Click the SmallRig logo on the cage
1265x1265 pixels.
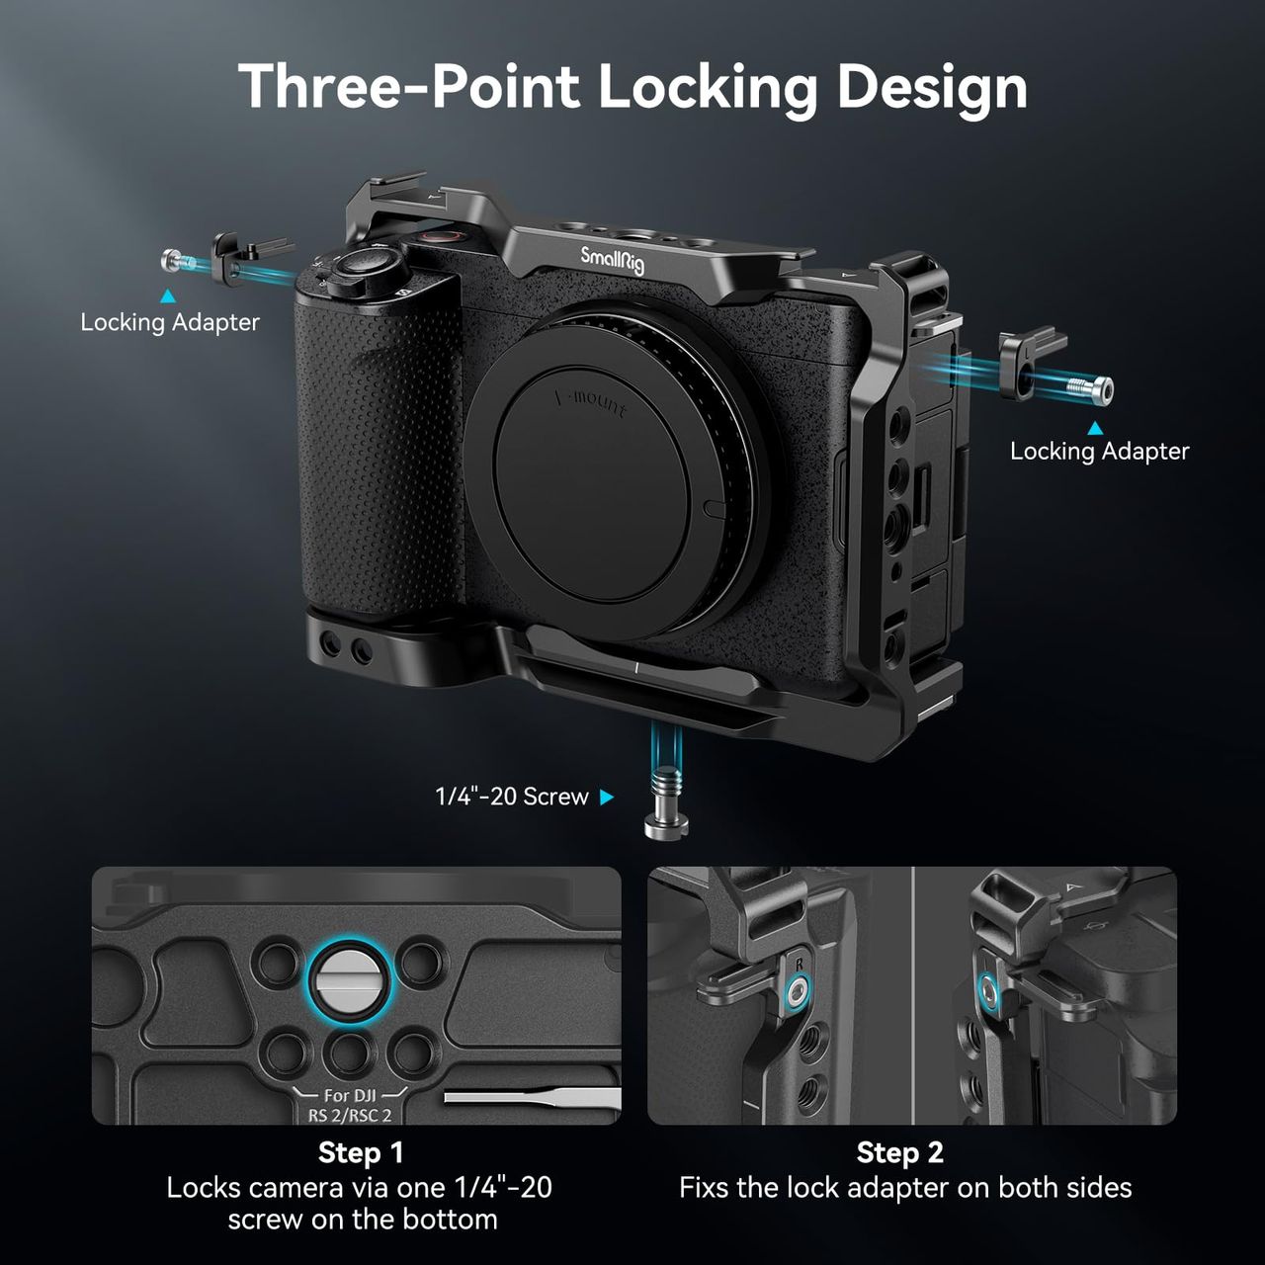[x=612, y=260]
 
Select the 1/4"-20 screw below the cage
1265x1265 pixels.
[x=666, y=802]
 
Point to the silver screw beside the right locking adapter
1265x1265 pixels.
[x=1090, y=388]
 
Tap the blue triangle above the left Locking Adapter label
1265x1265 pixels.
[x=168, y=296]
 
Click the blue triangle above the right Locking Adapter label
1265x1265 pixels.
[x=1095, y=428]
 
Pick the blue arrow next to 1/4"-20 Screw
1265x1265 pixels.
[x=607, y=797]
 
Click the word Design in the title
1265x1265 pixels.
[x=932, y=88]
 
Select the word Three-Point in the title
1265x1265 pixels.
[x=409, y=87]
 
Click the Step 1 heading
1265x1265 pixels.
[x=361, y=1152]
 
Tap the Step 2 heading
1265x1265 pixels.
[x=900, y=1152]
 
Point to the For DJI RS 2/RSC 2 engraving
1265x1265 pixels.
[x=351, y=1106]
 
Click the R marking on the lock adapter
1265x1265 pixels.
[x=799, y=965]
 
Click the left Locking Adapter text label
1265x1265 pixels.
[x=170, y=322]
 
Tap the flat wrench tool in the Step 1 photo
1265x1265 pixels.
[x=533, y=1097]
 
